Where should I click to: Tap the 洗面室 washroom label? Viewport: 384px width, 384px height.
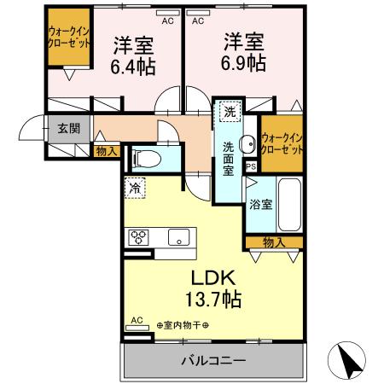[x=229, y=157]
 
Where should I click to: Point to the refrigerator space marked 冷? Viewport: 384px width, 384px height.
[x=136, y=185]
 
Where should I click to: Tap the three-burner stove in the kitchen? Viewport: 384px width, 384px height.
[x=138, y=236]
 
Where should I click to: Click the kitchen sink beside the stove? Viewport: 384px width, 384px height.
[x=179, y=236]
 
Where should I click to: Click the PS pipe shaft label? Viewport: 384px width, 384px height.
[x=250, y=166]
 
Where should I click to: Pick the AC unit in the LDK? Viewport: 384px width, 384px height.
[x=137, y=322]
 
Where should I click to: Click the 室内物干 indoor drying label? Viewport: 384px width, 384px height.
[x=183, y=325]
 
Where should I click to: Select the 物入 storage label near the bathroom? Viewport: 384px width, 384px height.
[x=272, y=242]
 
